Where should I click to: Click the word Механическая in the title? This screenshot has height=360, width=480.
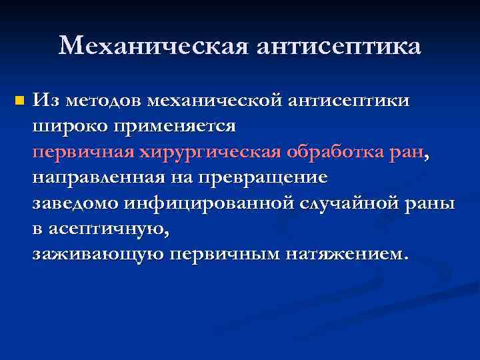pos(155,46)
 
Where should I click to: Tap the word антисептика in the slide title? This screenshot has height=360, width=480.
pos(339,46)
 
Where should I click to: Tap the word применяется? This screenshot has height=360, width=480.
pos(177,125)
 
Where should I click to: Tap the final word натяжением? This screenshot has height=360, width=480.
pos(344,254)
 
